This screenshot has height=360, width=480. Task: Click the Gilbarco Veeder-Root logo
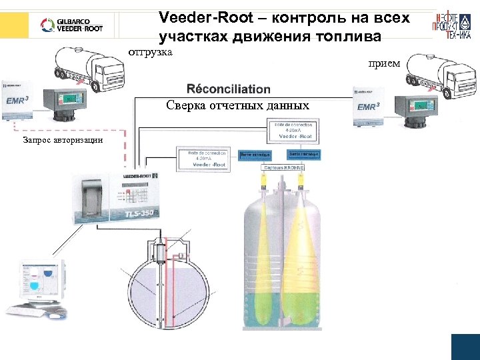73,25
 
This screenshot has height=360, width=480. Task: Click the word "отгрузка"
150,51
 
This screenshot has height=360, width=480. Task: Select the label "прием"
384,64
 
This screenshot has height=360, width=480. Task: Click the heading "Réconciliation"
229,89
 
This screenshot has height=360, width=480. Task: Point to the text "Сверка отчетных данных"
237,105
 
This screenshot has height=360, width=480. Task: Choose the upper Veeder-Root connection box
294,131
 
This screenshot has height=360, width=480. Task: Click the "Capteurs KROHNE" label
283,168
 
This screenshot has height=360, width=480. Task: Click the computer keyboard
31,312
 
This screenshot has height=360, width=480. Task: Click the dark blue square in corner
465,347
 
